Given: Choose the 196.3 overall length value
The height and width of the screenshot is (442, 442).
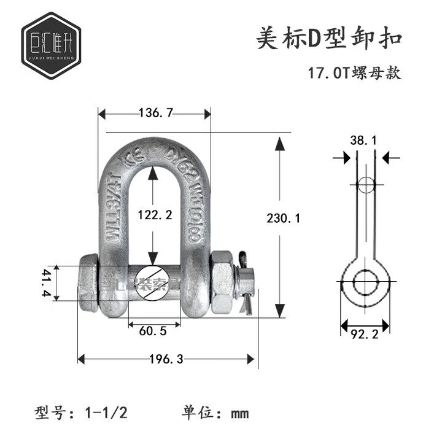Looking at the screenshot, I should (x=168, y=359).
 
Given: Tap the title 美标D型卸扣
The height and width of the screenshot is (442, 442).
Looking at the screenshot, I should (x=328, y=38).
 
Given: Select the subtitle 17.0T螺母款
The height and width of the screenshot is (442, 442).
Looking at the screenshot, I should (x=354, y=73).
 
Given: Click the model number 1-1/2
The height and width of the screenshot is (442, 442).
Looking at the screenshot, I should (x=109, y=412).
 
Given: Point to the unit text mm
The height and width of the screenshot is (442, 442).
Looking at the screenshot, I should (x=239, y=413).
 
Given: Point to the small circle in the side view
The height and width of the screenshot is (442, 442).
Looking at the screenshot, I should (x=365, y=185).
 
